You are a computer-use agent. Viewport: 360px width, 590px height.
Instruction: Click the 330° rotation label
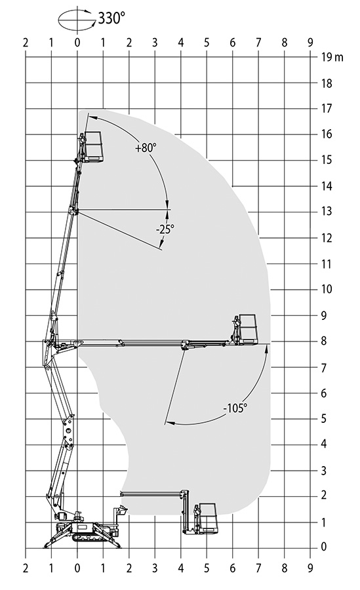click(111, 18)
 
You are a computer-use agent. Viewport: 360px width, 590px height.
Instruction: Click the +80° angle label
click(146, 148)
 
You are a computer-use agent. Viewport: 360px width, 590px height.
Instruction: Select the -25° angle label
click(165, 229)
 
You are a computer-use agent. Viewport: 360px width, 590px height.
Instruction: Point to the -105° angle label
click(235, 408)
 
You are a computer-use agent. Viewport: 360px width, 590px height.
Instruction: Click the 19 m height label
click(332, 57)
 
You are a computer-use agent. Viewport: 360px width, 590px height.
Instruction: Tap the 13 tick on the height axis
click(327, 212)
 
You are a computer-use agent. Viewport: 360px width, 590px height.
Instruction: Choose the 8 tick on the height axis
click(324, 342)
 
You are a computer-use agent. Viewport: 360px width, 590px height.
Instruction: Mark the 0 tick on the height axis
click(324, 547)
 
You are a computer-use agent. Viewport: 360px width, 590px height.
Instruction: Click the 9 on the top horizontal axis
click(310, 43)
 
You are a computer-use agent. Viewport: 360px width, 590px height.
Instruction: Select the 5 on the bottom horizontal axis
click(207, 568)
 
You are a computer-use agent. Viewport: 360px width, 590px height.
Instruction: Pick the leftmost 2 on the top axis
click(25, 43)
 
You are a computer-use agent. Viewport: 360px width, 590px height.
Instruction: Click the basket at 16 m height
click(93, 147)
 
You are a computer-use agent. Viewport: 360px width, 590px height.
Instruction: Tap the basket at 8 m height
click(249, 329)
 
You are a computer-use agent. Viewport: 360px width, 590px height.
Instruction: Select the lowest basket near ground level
click(209, 518)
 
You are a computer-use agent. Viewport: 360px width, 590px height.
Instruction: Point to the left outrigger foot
click(48, 546)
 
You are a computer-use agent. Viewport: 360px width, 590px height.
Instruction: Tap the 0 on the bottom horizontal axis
click(77, 568)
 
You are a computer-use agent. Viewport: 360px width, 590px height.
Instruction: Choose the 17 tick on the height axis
click(327, 108)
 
